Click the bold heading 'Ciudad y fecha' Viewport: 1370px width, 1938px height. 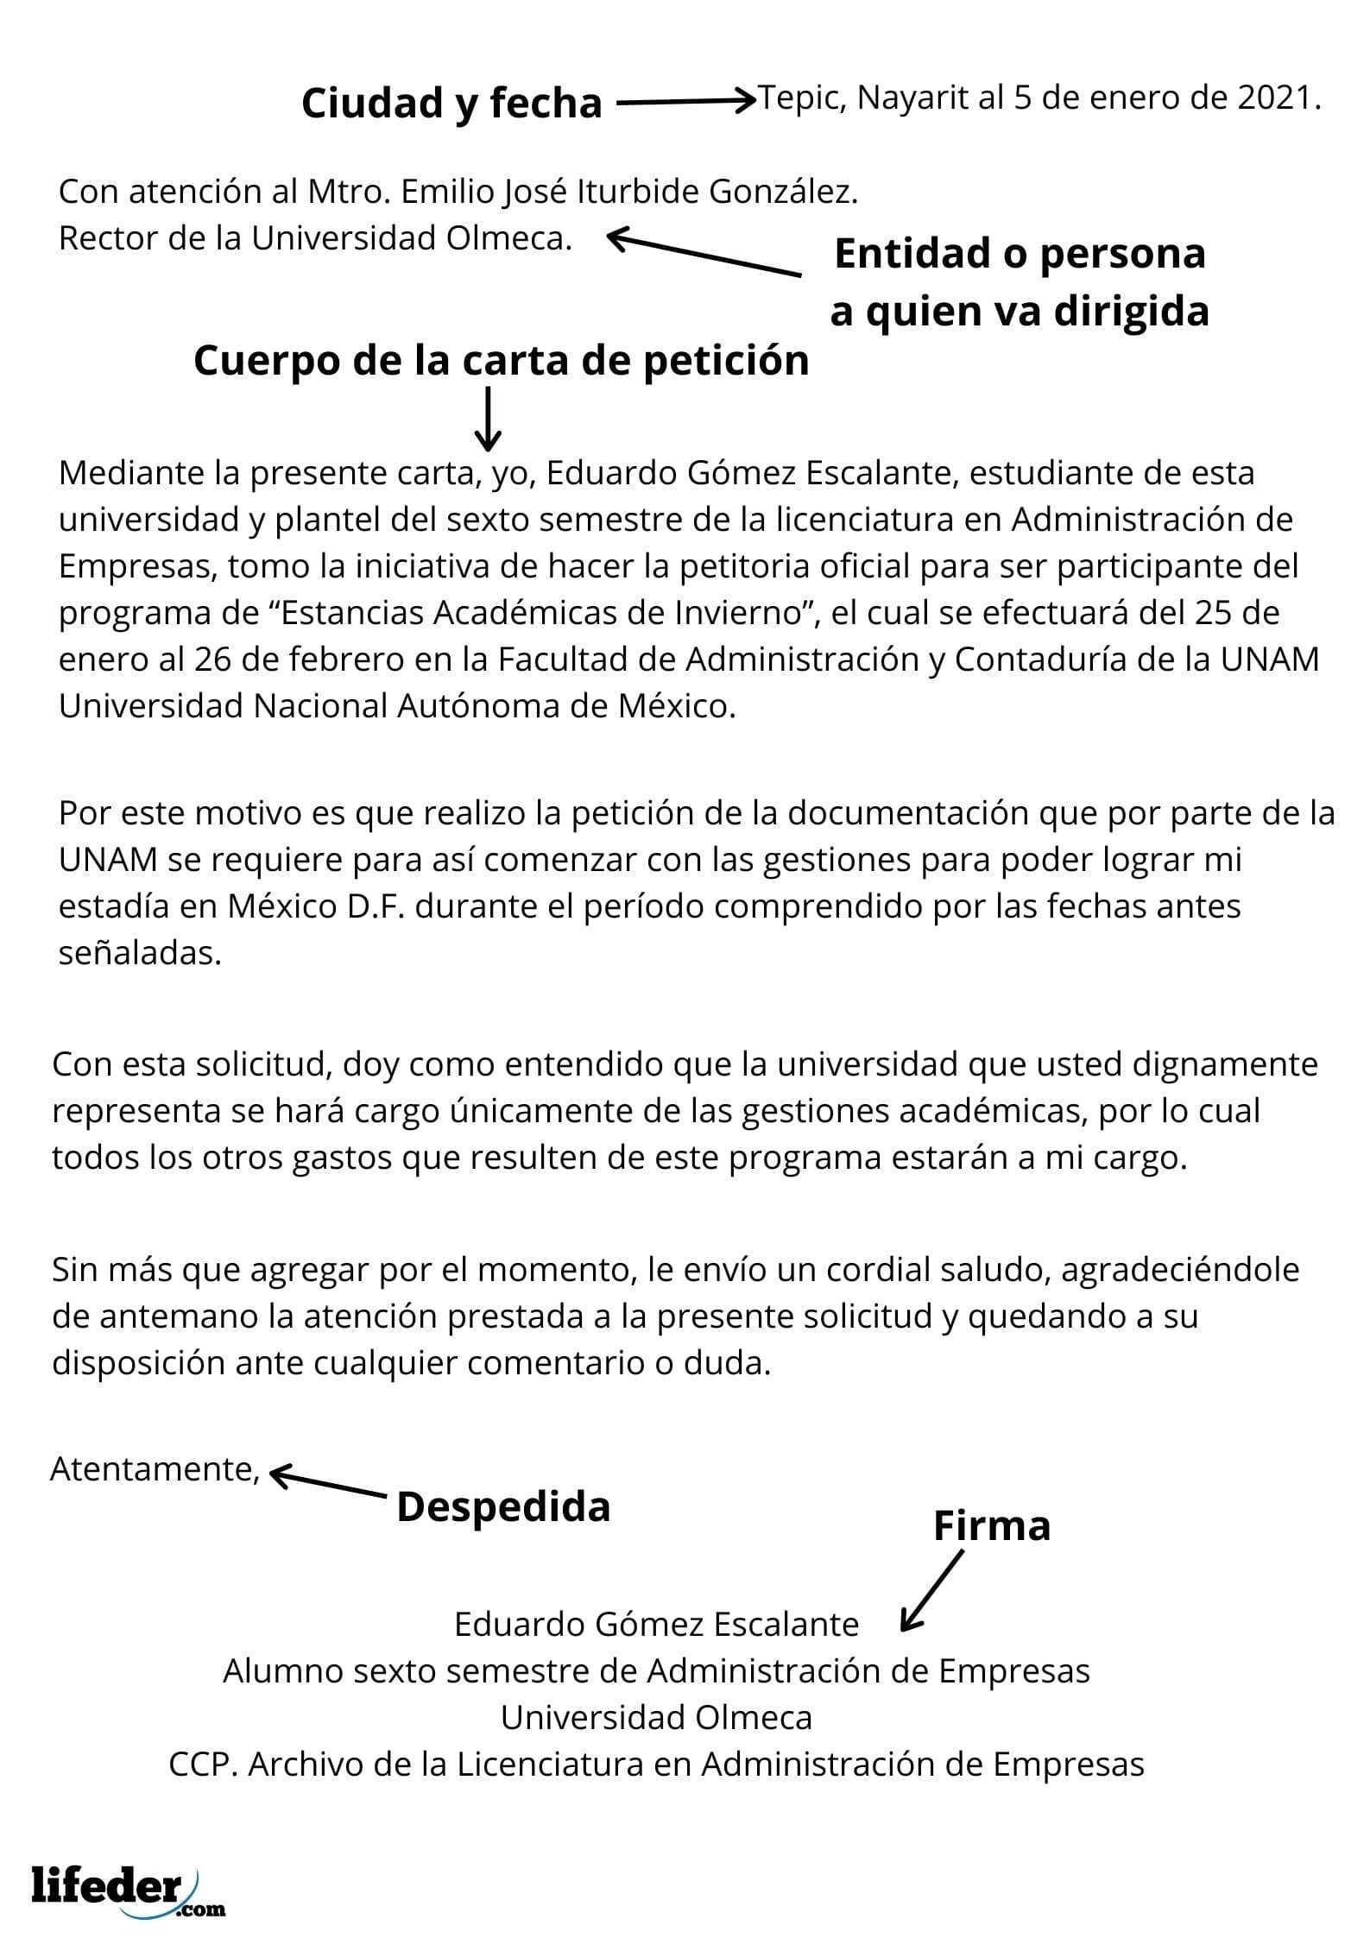[x=451, y=104]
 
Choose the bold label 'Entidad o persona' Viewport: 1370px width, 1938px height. [x=1020, y=254]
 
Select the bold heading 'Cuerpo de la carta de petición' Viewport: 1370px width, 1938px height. [x=501, y=361]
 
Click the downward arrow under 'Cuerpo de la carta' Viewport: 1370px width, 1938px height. [x=489, y=419]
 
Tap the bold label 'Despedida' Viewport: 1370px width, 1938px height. [x=503, y=1507]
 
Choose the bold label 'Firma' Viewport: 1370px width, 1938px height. [x=992, y=1526]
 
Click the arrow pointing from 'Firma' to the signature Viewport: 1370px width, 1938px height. [x=932, y=1590]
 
